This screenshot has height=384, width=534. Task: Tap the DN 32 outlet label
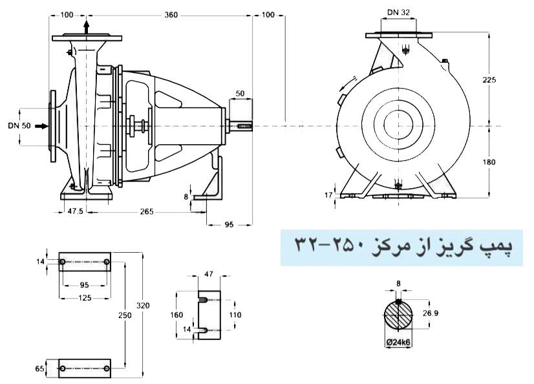click(398, 12)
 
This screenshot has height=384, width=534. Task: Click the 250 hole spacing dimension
click(126, 315)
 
